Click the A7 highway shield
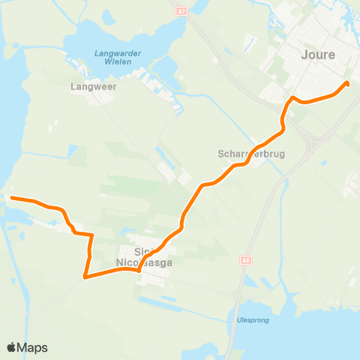click(181, 10)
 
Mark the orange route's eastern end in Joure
click(346, 83)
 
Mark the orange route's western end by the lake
click(12, 198)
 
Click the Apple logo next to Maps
click(12, 347)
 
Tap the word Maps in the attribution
click(33, 347)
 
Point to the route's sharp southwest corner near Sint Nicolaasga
click(85, 277)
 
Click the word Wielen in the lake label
click(118, 61)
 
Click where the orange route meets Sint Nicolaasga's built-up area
click(139, 271)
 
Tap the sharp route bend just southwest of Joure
click(292, 97)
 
